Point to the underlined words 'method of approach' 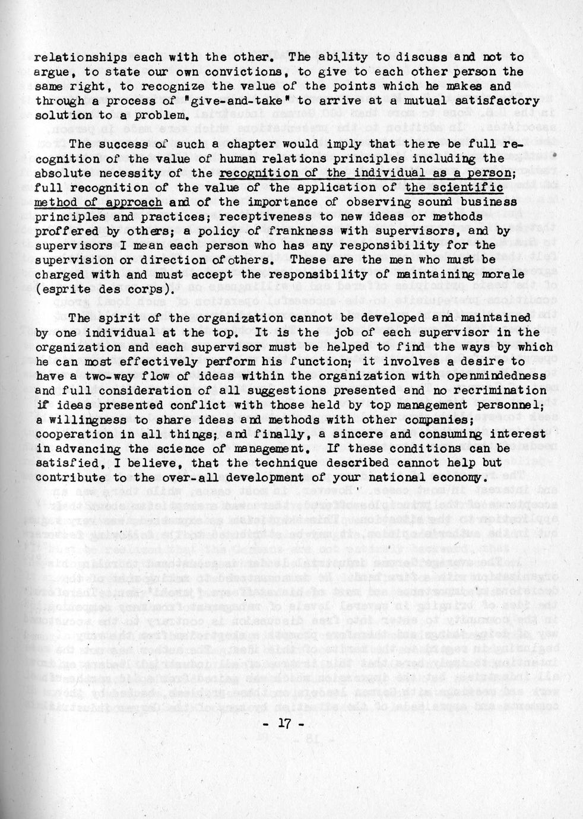point(98,202)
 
